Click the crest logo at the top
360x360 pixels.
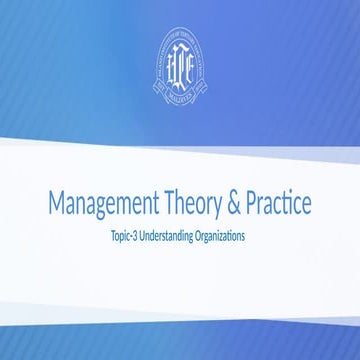tap(180, 64)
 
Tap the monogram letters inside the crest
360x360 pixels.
tap(180, 61)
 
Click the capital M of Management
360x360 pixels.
tap(57, 203)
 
